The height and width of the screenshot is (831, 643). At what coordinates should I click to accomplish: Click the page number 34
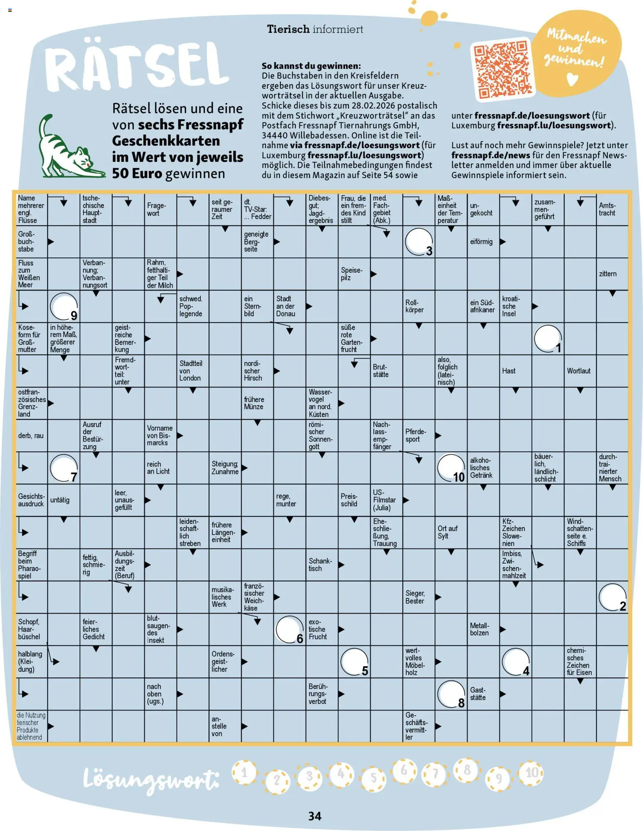pos(315,816)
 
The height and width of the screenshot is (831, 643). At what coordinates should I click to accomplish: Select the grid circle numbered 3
pos(419,242)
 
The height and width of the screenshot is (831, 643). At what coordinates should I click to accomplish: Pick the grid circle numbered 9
pos(63,306)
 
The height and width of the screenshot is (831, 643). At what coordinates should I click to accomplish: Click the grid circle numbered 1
pos(548,339)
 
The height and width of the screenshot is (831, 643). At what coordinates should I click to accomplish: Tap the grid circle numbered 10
pos(451,468)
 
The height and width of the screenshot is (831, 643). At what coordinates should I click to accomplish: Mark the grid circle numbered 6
pos(290,629)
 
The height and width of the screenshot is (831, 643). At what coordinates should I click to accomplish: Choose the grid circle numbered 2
pos(612,597)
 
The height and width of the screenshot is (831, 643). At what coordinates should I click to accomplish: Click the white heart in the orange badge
pos(572,79)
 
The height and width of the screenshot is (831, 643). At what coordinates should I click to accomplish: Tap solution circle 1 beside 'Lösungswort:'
pos(244,772)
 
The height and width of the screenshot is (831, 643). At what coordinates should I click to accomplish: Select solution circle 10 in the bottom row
pos(531,773)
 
